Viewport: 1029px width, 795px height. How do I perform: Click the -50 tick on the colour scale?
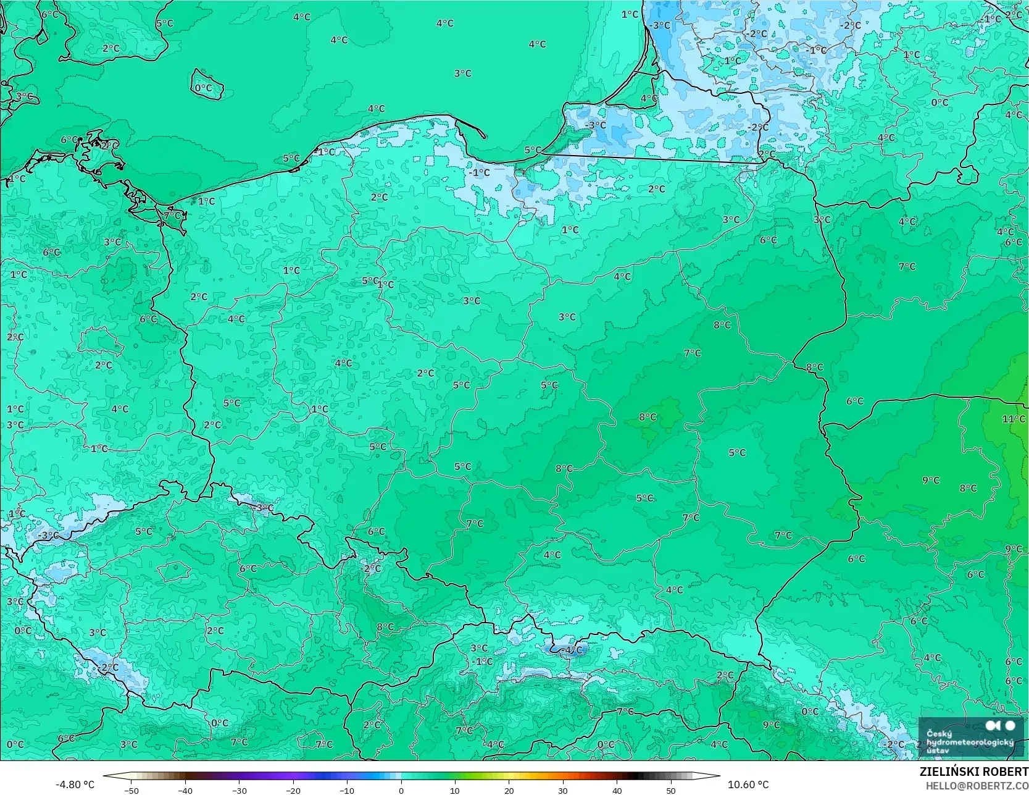pos(130,790)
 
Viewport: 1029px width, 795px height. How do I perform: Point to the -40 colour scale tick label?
pos(185,790)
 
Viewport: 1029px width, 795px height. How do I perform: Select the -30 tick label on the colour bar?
pos(239,790)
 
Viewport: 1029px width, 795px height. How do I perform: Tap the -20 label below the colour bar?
pos(293,790)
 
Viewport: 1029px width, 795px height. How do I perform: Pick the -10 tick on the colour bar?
pos(347,790)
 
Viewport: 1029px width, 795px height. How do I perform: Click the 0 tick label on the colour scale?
pos(401,790)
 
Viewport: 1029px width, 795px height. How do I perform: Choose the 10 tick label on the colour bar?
pos(455,790)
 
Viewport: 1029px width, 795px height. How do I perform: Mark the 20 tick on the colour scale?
pos(509,790)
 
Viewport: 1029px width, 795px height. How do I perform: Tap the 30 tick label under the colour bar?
pos(563,790)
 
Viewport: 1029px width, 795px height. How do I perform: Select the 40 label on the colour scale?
pos(617,790)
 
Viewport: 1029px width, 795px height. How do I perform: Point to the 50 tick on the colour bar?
pos(671,790)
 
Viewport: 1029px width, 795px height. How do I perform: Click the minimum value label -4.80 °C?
pos(75,784)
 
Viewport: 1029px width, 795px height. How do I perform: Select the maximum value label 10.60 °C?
pos(748,784)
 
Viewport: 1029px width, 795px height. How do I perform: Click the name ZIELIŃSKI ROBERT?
pos(973,772)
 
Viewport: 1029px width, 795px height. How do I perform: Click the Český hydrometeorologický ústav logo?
pos(971,736)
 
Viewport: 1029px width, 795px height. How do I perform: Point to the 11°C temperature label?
pos(1013,419)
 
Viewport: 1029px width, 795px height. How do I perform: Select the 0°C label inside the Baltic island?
pos(204,88)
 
